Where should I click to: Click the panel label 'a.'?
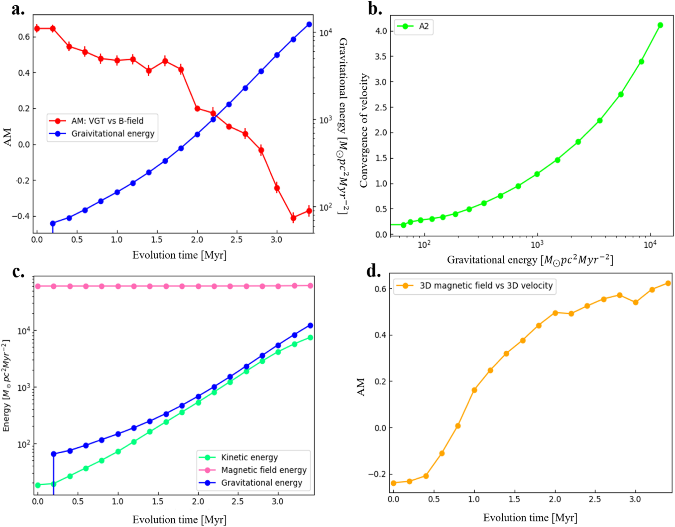tap(18, 9)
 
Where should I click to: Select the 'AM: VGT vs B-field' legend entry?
tap(107, 121)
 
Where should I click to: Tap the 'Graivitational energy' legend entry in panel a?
tap(113, 133)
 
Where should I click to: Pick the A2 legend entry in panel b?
tap(423, 26)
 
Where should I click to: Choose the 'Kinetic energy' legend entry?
tap(249, 457)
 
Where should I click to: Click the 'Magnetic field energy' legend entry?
tap(263, 470)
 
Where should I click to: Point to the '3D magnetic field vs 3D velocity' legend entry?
tap(486, 286)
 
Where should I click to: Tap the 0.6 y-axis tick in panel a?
tap(24, 37)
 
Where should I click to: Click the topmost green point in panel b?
tap(660, 25)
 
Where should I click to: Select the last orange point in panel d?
tap(668, 283)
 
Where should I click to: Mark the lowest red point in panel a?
tap(293, 218)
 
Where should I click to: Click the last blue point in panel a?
tap(309, 24)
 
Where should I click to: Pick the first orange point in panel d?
tap(393, 483)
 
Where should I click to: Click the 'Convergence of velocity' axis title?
tap(363, 131)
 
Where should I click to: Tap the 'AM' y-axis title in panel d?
tap(361, 387)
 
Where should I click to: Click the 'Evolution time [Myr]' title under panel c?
tap(179, 519)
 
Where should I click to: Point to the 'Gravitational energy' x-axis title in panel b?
tap(530, 260)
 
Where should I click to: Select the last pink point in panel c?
tap(310, 286)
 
